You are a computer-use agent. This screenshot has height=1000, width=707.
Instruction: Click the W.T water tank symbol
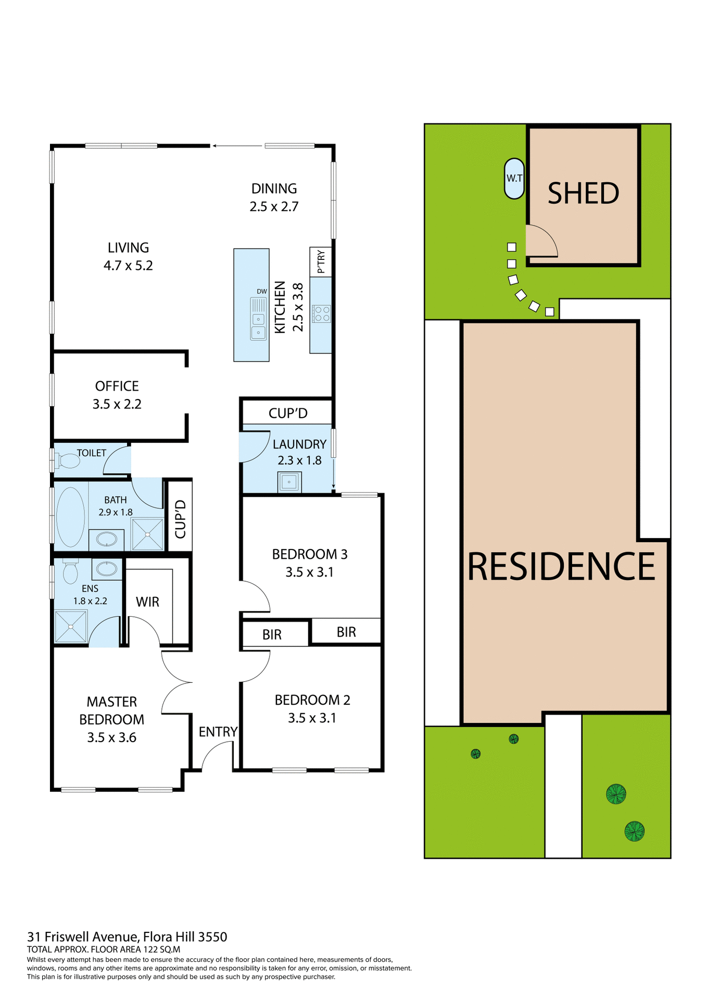[514, 178]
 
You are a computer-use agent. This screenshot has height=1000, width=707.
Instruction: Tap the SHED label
[583, 193]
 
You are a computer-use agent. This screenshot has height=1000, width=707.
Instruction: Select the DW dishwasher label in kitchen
[261, 292]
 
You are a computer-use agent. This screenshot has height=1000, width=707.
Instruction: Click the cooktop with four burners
[321, 314]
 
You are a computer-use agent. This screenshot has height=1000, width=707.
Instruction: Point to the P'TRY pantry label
[321, 261]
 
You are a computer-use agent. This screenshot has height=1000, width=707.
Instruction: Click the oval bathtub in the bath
[70, 516]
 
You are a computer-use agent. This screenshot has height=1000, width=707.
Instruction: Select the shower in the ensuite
[71, 626]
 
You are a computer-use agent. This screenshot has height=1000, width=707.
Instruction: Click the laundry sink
[289, 482]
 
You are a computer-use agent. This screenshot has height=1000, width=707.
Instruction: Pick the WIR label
[147, 602]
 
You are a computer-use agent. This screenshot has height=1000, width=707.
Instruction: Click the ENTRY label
[218, 732]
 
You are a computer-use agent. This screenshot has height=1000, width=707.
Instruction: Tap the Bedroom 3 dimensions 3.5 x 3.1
[309, 572]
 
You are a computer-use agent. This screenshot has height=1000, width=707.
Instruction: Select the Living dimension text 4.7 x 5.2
[128, 266]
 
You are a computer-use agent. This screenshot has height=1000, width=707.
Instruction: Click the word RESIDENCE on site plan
[561, 567]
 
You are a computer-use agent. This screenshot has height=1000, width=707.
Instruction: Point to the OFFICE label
[117, 386]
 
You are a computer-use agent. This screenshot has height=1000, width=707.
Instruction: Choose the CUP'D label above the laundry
[287, 413]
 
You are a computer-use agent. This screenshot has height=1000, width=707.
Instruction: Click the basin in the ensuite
[107, 568]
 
